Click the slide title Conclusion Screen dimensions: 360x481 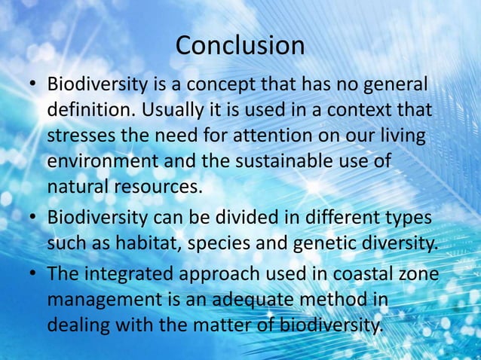[x=240, y=46]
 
